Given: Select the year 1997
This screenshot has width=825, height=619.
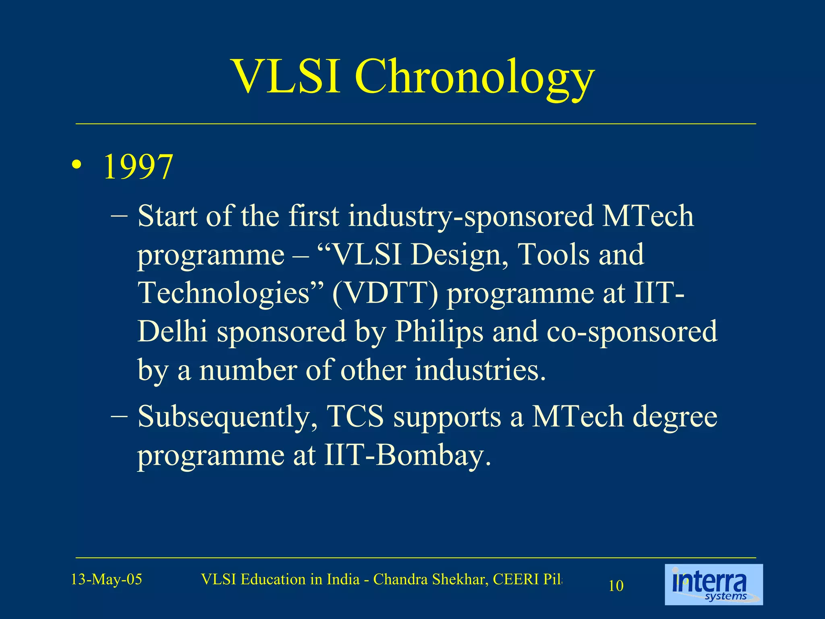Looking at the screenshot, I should coord(138,167).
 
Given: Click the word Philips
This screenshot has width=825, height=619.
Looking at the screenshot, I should coord(438,331).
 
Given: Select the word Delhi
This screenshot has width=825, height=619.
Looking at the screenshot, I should coord(172,331).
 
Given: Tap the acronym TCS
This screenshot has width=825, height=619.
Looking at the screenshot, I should coord(355,416).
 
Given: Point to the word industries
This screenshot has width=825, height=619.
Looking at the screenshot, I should coord(480,370).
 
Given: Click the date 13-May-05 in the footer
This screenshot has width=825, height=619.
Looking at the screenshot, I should coord(106,580).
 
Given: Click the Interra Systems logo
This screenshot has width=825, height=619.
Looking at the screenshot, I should coord(713,585).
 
